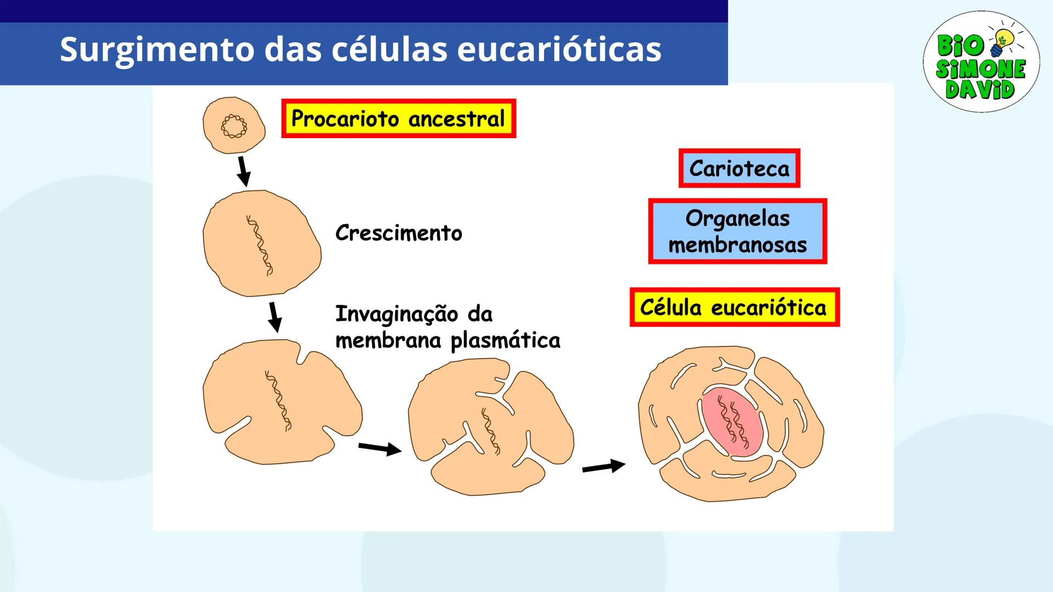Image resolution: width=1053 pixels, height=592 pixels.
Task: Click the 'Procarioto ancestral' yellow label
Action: click(x=398, y=118)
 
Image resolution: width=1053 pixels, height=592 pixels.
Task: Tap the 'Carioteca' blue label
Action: click(x=739, y=168)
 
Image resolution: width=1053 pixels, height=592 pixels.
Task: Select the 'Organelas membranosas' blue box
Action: click(x=737, y=231)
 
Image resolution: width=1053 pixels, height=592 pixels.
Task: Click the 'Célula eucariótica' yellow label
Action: click(x=734, y=308)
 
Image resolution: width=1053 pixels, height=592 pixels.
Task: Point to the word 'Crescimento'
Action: click(x=399, y=233)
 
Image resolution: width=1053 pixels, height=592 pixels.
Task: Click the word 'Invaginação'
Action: click(x=397, y=314)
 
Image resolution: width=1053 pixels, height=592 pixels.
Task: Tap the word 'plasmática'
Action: click(x=505, y=340)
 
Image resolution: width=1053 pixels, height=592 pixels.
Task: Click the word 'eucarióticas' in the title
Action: click(x=559, y=49)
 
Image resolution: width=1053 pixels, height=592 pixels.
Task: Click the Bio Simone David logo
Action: click(x=981, y=62)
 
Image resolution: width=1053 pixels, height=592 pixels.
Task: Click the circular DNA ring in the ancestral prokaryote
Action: click(x=234, y=127)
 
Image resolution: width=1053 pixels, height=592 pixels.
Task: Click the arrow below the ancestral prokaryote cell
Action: click(x=244, y=171)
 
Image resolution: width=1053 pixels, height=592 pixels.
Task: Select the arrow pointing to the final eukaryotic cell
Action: click(x=603, y=466)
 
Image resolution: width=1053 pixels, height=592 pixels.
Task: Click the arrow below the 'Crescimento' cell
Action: click(x=275, y=316)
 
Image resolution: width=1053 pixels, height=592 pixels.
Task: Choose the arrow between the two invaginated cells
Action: click(x=380, y=448)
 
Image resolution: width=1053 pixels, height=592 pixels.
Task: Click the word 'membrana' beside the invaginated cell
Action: click(x=388, y=340)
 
